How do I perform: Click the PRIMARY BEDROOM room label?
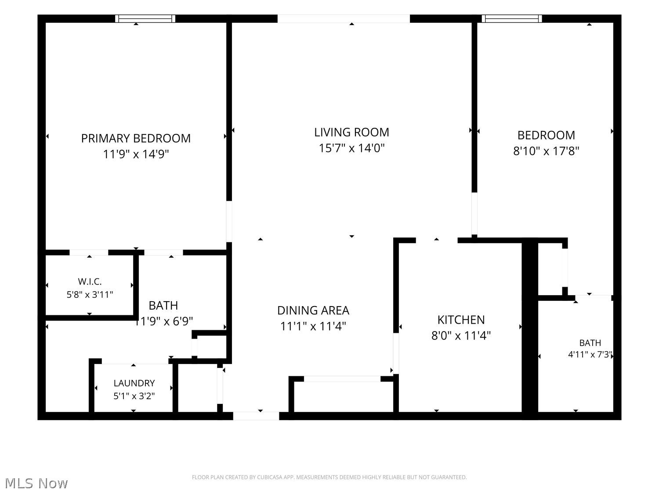[x=136, y=138]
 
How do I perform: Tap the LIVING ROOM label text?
[x=351, y=132]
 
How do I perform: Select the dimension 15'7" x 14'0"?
[x=351, y=148]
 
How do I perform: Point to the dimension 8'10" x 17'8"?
[x=546, y=151]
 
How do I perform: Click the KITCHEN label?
[x=461, y=320]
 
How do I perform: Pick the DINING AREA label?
[x=313, y=310]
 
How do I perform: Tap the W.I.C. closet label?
[x=90, y=281]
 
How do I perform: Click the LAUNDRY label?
[x=134, y=383]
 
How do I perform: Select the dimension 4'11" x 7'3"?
[x=590, y=354]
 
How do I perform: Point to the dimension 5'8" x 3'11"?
[x=90, y=295]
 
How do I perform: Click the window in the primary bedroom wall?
[x=145, y=18]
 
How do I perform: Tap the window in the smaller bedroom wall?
[x=512, y=18]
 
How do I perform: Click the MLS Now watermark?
[x=36, y=483]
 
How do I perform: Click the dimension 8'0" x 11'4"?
[x=461, y=335]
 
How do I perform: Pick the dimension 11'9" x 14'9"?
[x=136, y=154]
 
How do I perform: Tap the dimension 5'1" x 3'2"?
[x=134, y=396]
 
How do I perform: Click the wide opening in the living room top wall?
[x=344, y=18]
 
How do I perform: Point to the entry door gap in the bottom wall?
[x=256, y=416]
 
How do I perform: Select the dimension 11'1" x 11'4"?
[x=313, y=326]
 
